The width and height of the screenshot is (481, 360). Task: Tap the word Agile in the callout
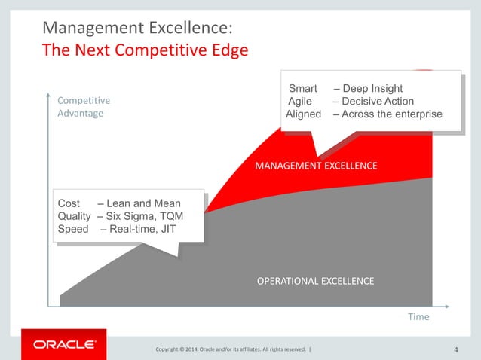point(302,102)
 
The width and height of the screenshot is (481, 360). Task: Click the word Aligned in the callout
point(304,114)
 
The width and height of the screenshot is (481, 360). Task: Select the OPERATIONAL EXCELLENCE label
point(315,281)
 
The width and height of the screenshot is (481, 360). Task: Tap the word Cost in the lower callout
point(69,203)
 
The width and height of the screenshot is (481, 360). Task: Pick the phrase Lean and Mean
point(144,203)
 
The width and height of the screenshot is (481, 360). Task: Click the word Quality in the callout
point(74,216)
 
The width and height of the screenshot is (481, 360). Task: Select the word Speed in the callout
point(73,229)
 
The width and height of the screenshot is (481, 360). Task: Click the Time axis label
point(418,317)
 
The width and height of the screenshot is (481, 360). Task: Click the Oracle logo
point(64,344)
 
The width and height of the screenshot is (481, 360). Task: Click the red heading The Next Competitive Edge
point(145,51)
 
